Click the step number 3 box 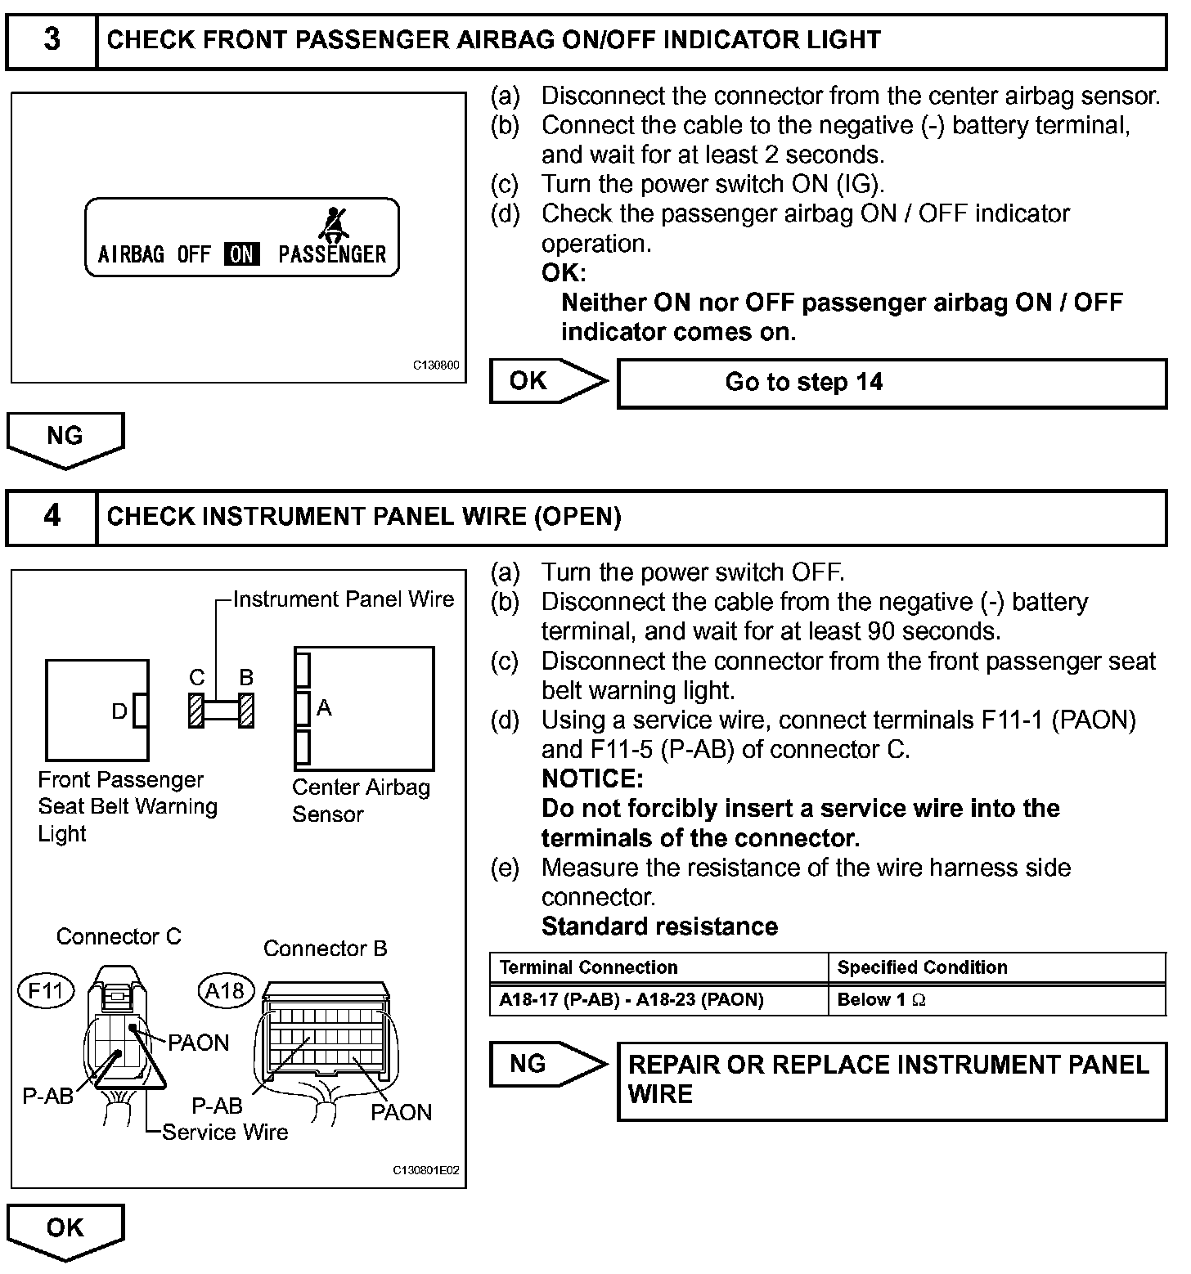(x=52, y=40)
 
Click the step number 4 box (x=52, y=516)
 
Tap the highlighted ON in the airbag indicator (x=241, y=254)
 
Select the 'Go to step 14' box (x=891, y=383)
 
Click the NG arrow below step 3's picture (x=65, y=438)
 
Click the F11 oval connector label (x=46, y=991)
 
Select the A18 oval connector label (x=225, y=991)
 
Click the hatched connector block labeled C (x=196, y=710)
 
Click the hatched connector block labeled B (x=246, y=710)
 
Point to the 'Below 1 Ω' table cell (x=995, y=999)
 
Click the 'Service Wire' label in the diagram (x=225, y=1133)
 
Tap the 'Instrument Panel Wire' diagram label (x=344, y=599)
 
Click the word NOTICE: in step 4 (x=593, y=778)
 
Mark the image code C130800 (x=436, y=366)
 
